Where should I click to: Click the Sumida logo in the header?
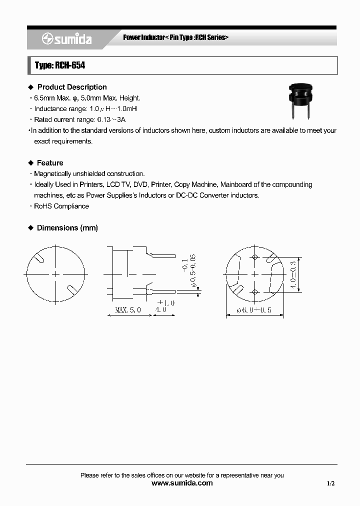(x=67, y=39)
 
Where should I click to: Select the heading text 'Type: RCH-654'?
(x=56, y=65)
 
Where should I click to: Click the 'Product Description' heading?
(x=72, y=87)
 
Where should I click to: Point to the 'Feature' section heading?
(x=50, y=163)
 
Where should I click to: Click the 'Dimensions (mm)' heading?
(x=67, y=228)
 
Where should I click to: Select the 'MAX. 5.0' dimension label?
(x=128, y=310)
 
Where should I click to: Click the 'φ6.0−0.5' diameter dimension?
(x=254, y=310)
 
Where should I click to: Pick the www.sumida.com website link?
(x=181, y=483)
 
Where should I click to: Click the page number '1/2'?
(x=330, y=483)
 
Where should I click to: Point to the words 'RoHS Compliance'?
(x=61, y=206)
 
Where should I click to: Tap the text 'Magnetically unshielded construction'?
(x=89, y=173)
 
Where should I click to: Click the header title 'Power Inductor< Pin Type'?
(x=175, y=38)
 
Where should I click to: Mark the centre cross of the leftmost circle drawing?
(x=55, y=274)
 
